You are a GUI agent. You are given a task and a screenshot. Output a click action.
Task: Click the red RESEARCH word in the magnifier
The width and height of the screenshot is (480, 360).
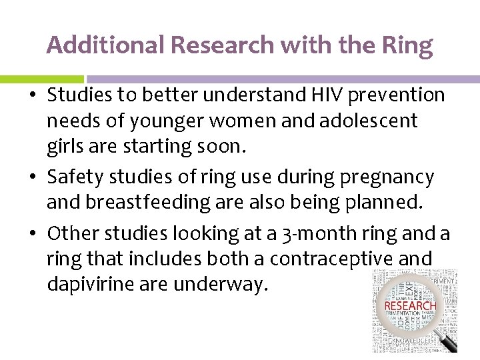click(x=410, y=307)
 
